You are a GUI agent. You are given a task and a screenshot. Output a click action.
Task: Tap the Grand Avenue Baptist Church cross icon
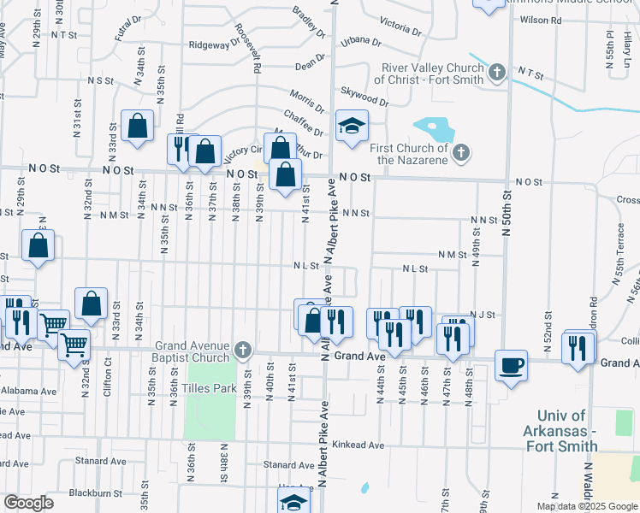coord(243,349)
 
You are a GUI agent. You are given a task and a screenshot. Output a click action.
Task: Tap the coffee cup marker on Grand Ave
coord(511,365)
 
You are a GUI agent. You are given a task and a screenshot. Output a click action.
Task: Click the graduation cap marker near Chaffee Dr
coord(352,127)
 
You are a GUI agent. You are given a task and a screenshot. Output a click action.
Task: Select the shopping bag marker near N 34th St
coord(137,127)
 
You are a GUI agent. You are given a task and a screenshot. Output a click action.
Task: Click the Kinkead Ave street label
coord(359,445)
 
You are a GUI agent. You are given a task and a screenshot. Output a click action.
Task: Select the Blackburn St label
coord(96,492)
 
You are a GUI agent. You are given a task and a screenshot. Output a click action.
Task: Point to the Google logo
coord(28,503)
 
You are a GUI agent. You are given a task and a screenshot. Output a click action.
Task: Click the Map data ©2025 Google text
coord(586,506)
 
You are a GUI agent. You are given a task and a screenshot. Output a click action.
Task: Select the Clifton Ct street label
coord(108,373)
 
